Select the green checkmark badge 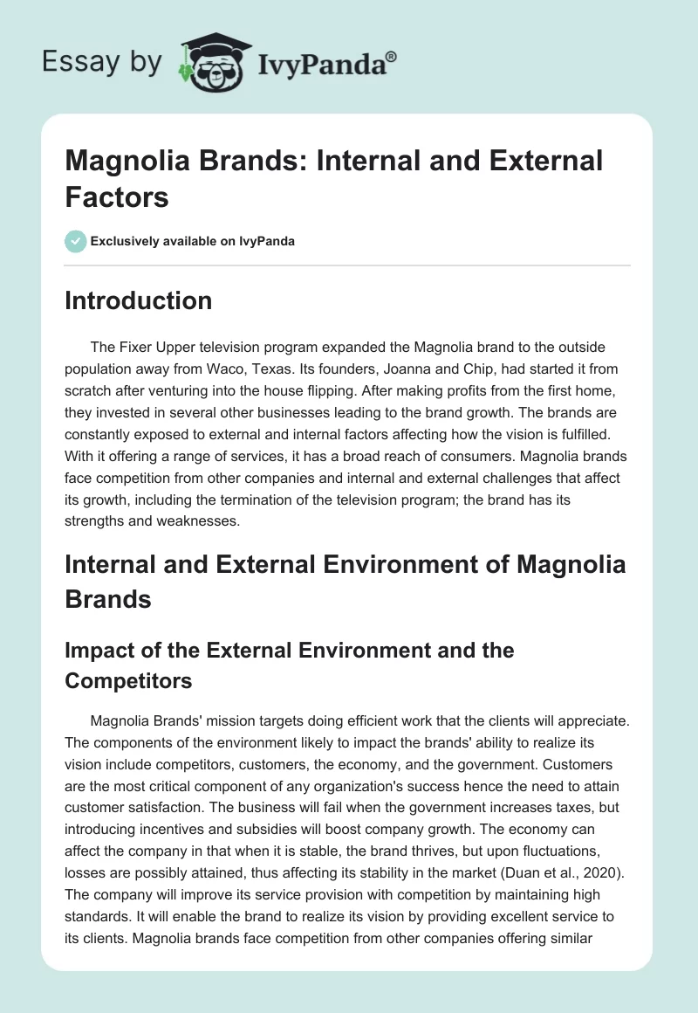(75, 241)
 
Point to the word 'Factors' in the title (117, 196)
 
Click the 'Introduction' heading (139, 300)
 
